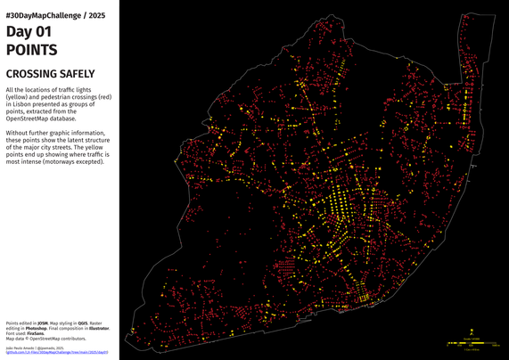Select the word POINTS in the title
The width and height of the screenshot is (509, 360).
point(32,50)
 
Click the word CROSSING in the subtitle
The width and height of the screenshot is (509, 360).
point(32,75)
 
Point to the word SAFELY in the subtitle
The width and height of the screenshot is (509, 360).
point(78,75)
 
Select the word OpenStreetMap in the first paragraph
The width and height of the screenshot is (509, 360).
point(29,119)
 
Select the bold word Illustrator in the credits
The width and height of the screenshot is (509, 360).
point(98,329)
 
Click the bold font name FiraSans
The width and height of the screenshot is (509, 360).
point(37,334)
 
